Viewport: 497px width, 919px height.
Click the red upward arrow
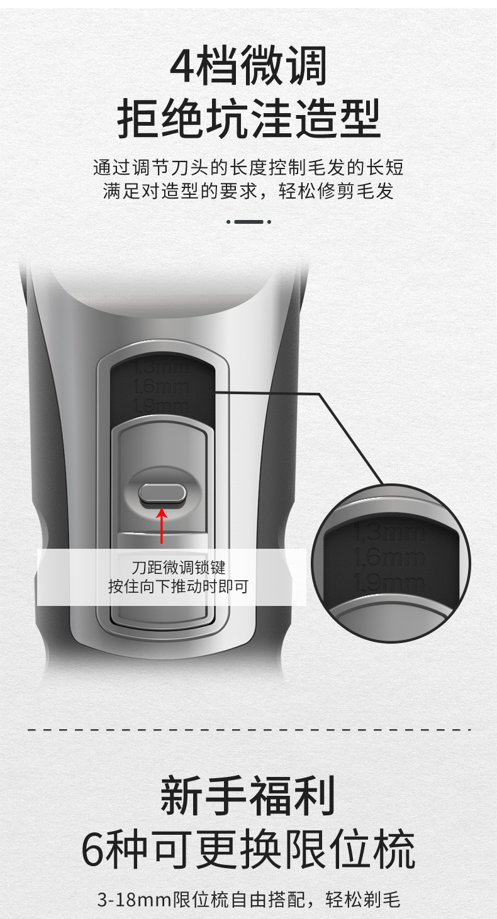pyautogui.click(x=162, y=525)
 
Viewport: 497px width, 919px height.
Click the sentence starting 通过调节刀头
pyautogui.click(x=248, y=168)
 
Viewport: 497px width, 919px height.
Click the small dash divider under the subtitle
pyautogui.click(x=248, y=221)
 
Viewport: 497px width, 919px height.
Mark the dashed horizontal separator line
pyautogui.click(x=248, y=730)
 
